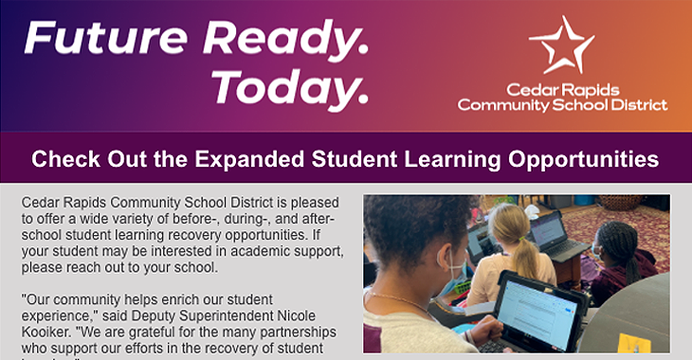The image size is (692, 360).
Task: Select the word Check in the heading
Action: (64, 159)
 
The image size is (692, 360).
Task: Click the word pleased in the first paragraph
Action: (312, 202)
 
